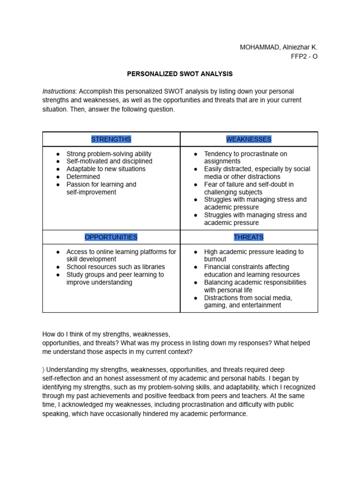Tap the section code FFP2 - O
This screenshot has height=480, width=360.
(x=304, y=56)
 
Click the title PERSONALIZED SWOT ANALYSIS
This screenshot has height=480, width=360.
(x=180, y=74)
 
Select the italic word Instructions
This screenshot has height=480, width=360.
(x=59, y=91)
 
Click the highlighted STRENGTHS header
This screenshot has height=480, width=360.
(x=111, y=139)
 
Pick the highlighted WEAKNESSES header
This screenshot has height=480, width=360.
(x=248, y=139)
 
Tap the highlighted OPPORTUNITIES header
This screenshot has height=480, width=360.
(x=111, y=237)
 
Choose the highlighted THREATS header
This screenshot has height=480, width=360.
(x=248, y=237)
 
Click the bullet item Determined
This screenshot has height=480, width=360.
(x=83, y=177)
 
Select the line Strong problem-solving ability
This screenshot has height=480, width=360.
(x=109, y=154)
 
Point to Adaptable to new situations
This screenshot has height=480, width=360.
(x=106, y=169)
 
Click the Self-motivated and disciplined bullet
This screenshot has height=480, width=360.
(x=110, y=161)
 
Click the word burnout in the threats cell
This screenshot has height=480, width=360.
(x=215, y=259)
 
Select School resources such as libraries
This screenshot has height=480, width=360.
(x=115, y=267)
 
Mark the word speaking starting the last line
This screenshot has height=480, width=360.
(x=56, y=414)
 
